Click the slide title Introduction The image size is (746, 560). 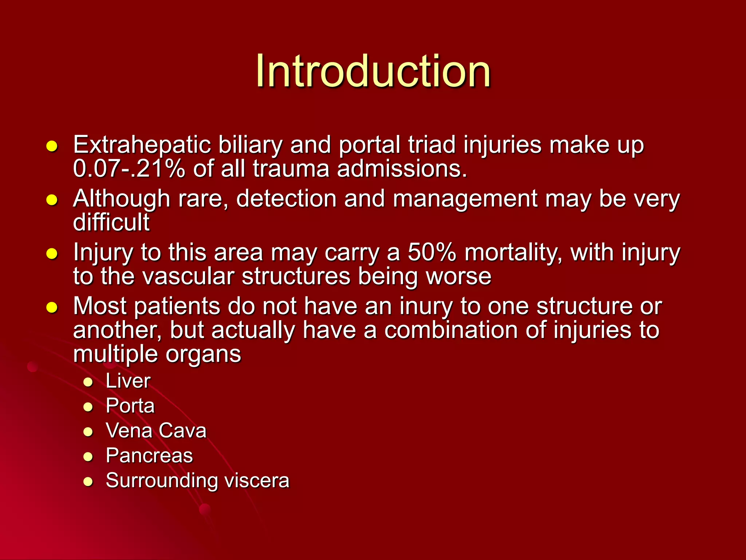click(373, 71)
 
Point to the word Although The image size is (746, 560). click(122, 199)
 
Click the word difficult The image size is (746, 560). click(111, 222)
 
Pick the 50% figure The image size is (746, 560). click(432, 252)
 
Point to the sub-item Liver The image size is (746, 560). click(128, 381)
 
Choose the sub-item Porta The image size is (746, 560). click(130, 406)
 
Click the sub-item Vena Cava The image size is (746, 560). click(156, 431)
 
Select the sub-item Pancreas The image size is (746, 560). click(149, 456)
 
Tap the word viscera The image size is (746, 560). click(257, 481)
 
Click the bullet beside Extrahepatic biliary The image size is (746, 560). click(52, 146)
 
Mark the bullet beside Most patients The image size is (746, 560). click(52, 307)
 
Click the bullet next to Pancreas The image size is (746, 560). click(88, 457)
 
